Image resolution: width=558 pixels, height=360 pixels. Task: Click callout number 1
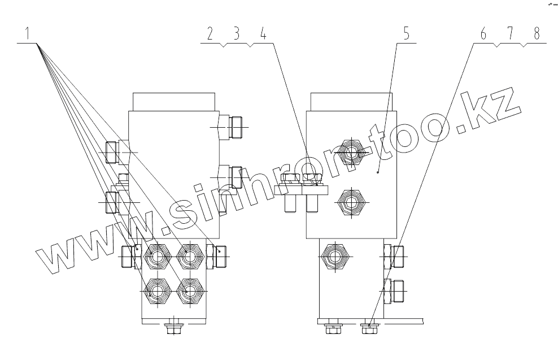(x=26, y=33)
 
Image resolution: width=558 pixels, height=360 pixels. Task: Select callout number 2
(x=210, y=33)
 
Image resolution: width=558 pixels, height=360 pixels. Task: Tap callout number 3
(x=237, y=33)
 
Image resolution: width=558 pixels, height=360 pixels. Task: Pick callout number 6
(x=483, y=33)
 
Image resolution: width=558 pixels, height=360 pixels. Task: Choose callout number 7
(x=509, y=33)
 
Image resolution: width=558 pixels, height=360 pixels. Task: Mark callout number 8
(x=535, y=33)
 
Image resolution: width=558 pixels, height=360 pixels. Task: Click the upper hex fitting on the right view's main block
(x=351, y=152)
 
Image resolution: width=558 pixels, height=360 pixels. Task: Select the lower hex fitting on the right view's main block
(x=351, y=202)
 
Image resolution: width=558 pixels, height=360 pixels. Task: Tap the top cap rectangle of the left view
(x=174, y=102)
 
